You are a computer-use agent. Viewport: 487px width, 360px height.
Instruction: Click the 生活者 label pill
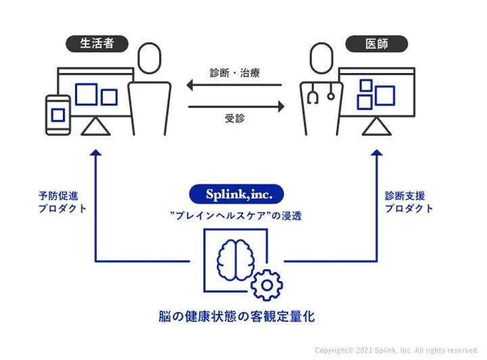coord(97,43)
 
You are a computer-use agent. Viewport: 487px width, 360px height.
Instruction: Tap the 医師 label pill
coord(377,43)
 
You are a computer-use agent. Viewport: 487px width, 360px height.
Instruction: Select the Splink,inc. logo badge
coord(236,194)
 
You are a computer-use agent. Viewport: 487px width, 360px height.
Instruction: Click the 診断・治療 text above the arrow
coord(235,73)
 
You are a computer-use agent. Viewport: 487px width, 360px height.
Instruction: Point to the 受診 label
coord(235,118)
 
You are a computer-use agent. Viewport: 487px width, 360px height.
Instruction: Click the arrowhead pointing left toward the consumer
coord(190,85)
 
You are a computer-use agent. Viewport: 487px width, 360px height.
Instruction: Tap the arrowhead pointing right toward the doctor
coord(281,106)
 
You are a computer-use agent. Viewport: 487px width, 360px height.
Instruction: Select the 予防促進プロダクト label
coord(62,202)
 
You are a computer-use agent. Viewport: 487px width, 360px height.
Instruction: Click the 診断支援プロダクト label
coord(409,202)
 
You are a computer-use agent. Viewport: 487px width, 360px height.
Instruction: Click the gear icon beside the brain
coord(266,285)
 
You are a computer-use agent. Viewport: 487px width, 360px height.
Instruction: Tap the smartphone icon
coord(58,115)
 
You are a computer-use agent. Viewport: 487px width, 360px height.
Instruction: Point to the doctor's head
coord(321,58)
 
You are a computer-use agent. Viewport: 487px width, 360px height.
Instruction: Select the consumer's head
coord(149,58)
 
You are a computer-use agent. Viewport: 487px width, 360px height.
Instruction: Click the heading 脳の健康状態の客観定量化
coord(237,317)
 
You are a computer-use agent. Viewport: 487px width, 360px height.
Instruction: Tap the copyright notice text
coord(396,351)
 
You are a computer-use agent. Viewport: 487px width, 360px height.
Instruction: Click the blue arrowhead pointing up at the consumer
coord(95,152)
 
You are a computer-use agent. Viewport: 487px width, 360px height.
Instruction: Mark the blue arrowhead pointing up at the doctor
coord(377,152)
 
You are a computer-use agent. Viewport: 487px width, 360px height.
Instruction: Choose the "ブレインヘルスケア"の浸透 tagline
coord(236,216)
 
